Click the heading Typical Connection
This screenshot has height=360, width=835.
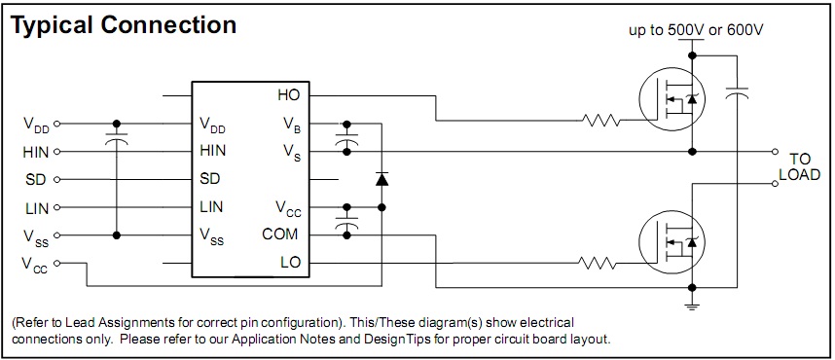click(124, 25)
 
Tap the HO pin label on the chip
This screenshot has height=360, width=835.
click(289, 95)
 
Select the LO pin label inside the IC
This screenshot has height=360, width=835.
click(291, 262)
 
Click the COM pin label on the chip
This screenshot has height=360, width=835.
click(280, 234)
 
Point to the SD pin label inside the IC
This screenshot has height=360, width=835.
click(210, 178)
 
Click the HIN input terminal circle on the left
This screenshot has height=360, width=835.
click(57, 152)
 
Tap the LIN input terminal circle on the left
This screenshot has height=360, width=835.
click(57, 207)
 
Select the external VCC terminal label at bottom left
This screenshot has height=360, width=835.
click(35, 265)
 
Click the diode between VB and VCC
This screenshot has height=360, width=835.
click(381, 179)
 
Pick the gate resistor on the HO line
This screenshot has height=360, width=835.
click(601, 121)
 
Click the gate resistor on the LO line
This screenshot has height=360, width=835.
click(597, 263)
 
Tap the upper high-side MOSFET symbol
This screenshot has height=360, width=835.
click(672, 98)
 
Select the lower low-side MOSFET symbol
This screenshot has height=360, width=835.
click(672, 243)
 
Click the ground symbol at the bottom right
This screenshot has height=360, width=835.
click(692, 306)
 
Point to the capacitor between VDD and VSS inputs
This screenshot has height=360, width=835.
click(116, 138)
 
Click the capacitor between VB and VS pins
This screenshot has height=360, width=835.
click(346, 138)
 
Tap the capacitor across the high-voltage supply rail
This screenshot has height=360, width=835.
click(737, 93)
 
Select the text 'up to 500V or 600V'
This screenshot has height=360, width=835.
click(697, 30)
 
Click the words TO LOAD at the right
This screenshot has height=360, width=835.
click(804, 166)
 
